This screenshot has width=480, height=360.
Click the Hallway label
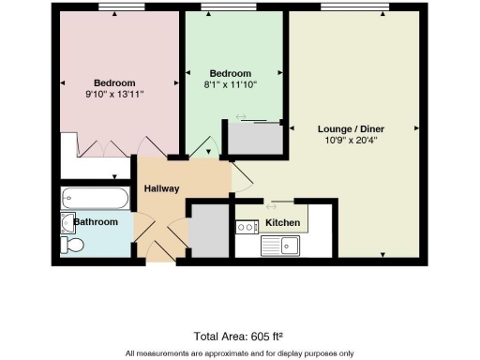click(161, 187)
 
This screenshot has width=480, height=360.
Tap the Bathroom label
click(97, 222)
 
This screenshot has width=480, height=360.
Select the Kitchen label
click(282, 222)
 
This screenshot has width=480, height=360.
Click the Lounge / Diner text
click(352, 128)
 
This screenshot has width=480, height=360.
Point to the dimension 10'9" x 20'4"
click(352, 141)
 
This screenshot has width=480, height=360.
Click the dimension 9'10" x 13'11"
click(114, 94)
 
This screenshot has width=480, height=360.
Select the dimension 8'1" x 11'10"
click(231, 84)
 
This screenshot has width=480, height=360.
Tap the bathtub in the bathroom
click(94, 198)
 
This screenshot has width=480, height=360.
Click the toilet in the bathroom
click(72, 246)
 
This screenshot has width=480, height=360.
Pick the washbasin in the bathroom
click(67, 222)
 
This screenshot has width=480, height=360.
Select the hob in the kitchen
click(247, 226)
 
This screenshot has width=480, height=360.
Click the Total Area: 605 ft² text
click(239, 335)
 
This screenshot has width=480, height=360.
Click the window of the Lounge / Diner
click(354, 9)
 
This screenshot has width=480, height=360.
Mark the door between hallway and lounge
click(242, 175)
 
